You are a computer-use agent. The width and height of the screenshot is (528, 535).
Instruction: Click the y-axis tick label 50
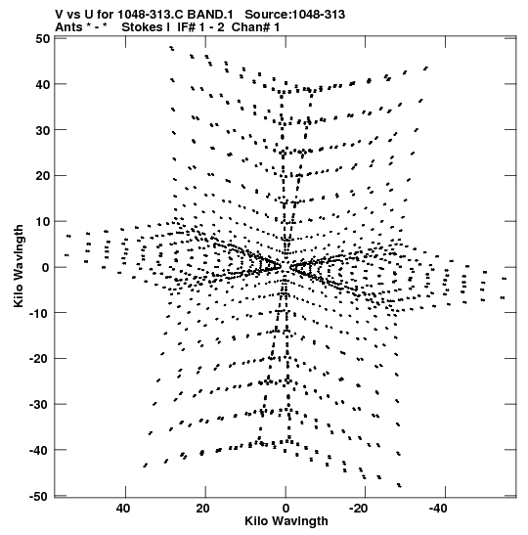43,38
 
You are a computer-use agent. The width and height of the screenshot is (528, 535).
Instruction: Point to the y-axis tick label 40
43,84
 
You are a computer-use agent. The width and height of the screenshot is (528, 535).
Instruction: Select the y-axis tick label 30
43,130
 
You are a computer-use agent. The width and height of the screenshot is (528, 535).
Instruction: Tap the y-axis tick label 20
43,176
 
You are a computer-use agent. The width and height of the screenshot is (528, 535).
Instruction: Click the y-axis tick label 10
43,221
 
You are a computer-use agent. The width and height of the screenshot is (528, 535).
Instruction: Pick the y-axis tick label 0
46,268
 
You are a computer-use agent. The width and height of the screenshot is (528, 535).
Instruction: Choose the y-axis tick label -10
39,313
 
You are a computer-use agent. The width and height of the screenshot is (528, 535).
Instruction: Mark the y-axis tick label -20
39,359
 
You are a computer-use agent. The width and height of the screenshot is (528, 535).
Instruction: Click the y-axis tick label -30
39,404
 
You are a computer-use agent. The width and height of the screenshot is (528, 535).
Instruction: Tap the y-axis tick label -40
39,450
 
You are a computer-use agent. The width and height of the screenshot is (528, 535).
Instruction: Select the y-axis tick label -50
39,496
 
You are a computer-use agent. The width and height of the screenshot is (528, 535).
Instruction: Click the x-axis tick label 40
123,509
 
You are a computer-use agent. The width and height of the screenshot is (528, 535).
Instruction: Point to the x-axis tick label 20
203,509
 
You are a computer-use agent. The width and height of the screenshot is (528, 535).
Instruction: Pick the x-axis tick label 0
286,509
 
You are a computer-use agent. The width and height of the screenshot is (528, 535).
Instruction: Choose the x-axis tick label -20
359,509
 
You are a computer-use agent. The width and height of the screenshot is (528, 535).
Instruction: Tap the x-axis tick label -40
439,509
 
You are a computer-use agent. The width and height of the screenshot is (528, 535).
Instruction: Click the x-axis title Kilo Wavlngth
286,521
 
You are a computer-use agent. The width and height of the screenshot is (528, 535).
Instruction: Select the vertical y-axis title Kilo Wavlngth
19,266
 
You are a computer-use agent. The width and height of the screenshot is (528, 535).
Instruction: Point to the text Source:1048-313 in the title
295,15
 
